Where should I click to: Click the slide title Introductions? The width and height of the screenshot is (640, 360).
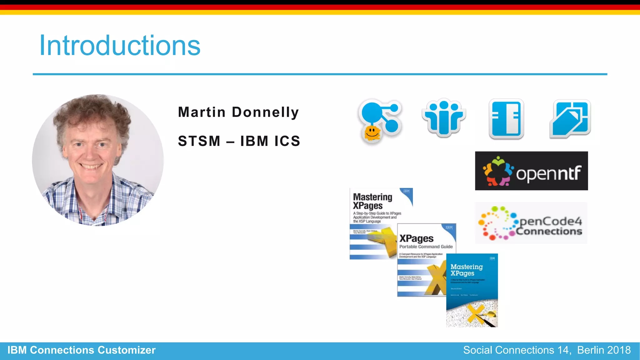pos(120,46)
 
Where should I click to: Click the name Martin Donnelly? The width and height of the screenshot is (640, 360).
pos(238,112)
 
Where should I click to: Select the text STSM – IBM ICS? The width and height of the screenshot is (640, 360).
pos(239,141)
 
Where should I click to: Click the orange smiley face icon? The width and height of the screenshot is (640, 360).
pos(372,133)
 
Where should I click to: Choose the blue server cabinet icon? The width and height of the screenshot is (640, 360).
pos(506,119)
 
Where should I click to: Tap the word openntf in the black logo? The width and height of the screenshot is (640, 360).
pos(548,173)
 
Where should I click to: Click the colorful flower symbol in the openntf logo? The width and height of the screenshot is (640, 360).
pos(497,171)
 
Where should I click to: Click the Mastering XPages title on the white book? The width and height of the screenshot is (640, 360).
pos(372,201)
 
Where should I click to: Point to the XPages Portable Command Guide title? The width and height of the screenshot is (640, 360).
pos(425,242)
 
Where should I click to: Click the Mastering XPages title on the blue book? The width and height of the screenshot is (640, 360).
pos(466,270)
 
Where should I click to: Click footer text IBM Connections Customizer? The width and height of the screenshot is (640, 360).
pos(82,350)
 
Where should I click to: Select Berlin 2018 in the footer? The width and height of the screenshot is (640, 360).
pos(604,350)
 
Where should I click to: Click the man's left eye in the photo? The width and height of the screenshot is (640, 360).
pos(102,145)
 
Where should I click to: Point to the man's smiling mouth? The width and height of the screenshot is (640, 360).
pos(91,167)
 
